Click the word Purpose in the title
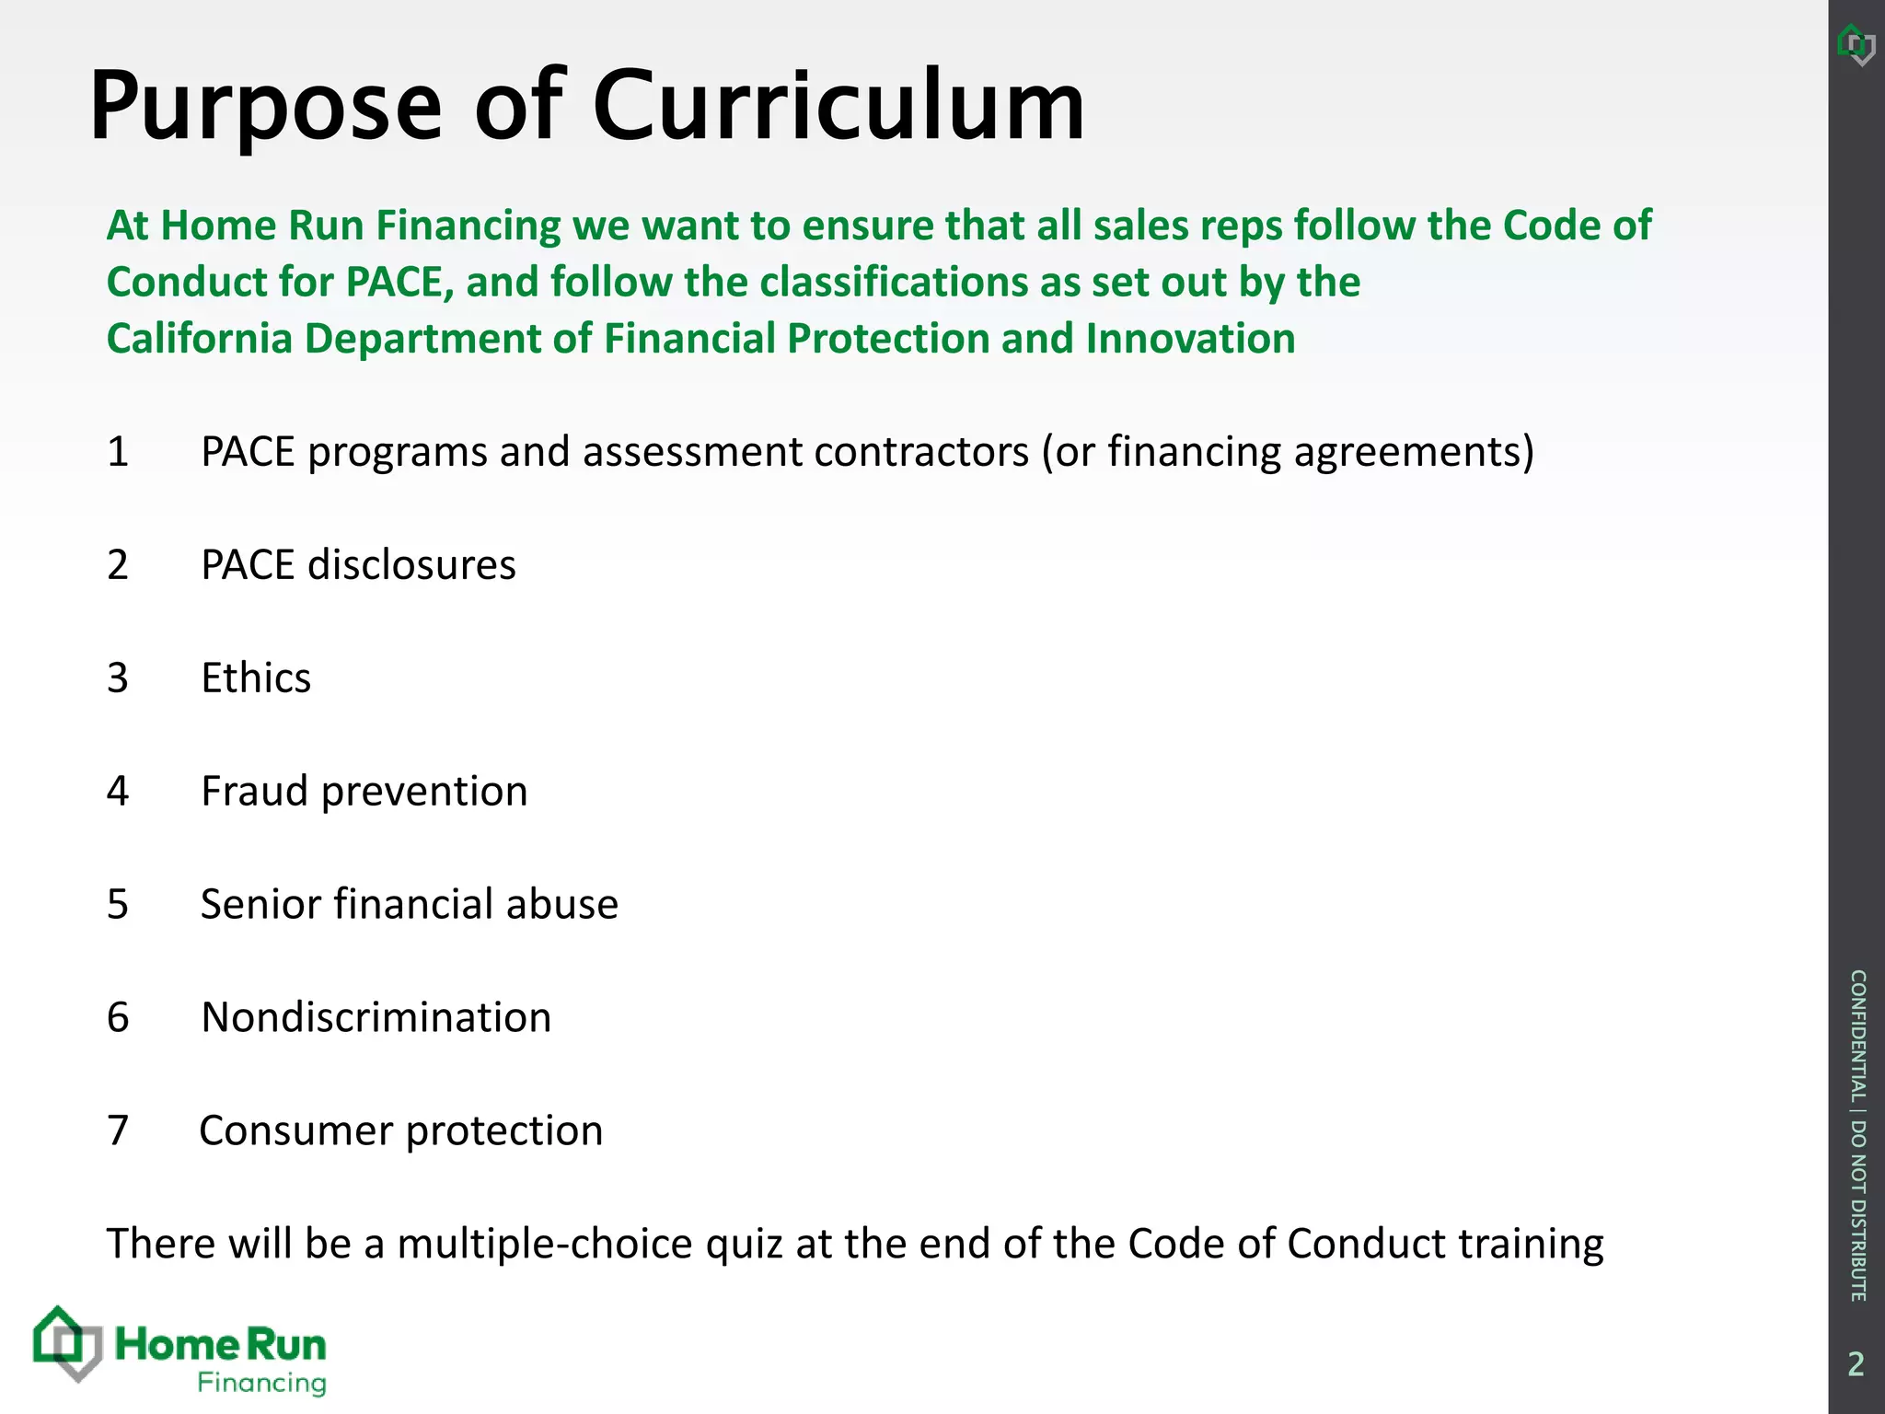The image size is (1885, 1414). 265,109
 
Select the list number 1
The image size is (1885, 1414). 118,452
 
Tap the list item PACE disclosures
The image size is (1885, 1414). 358,565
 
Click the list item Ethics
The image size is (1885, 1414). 256,678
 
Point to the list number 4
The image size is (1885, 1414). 118,792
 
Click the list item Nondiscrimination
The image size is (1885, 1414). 376,1018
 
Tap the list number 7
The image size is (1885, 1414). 118,1131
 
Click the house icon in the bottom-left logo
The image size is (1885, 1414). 66,1344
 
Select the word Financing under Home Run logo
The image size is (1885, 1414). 262,1384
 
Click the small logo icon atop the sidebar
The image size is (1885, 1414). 1856,44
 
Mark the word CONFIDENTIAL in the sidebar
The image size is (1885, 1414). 1857,1035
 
